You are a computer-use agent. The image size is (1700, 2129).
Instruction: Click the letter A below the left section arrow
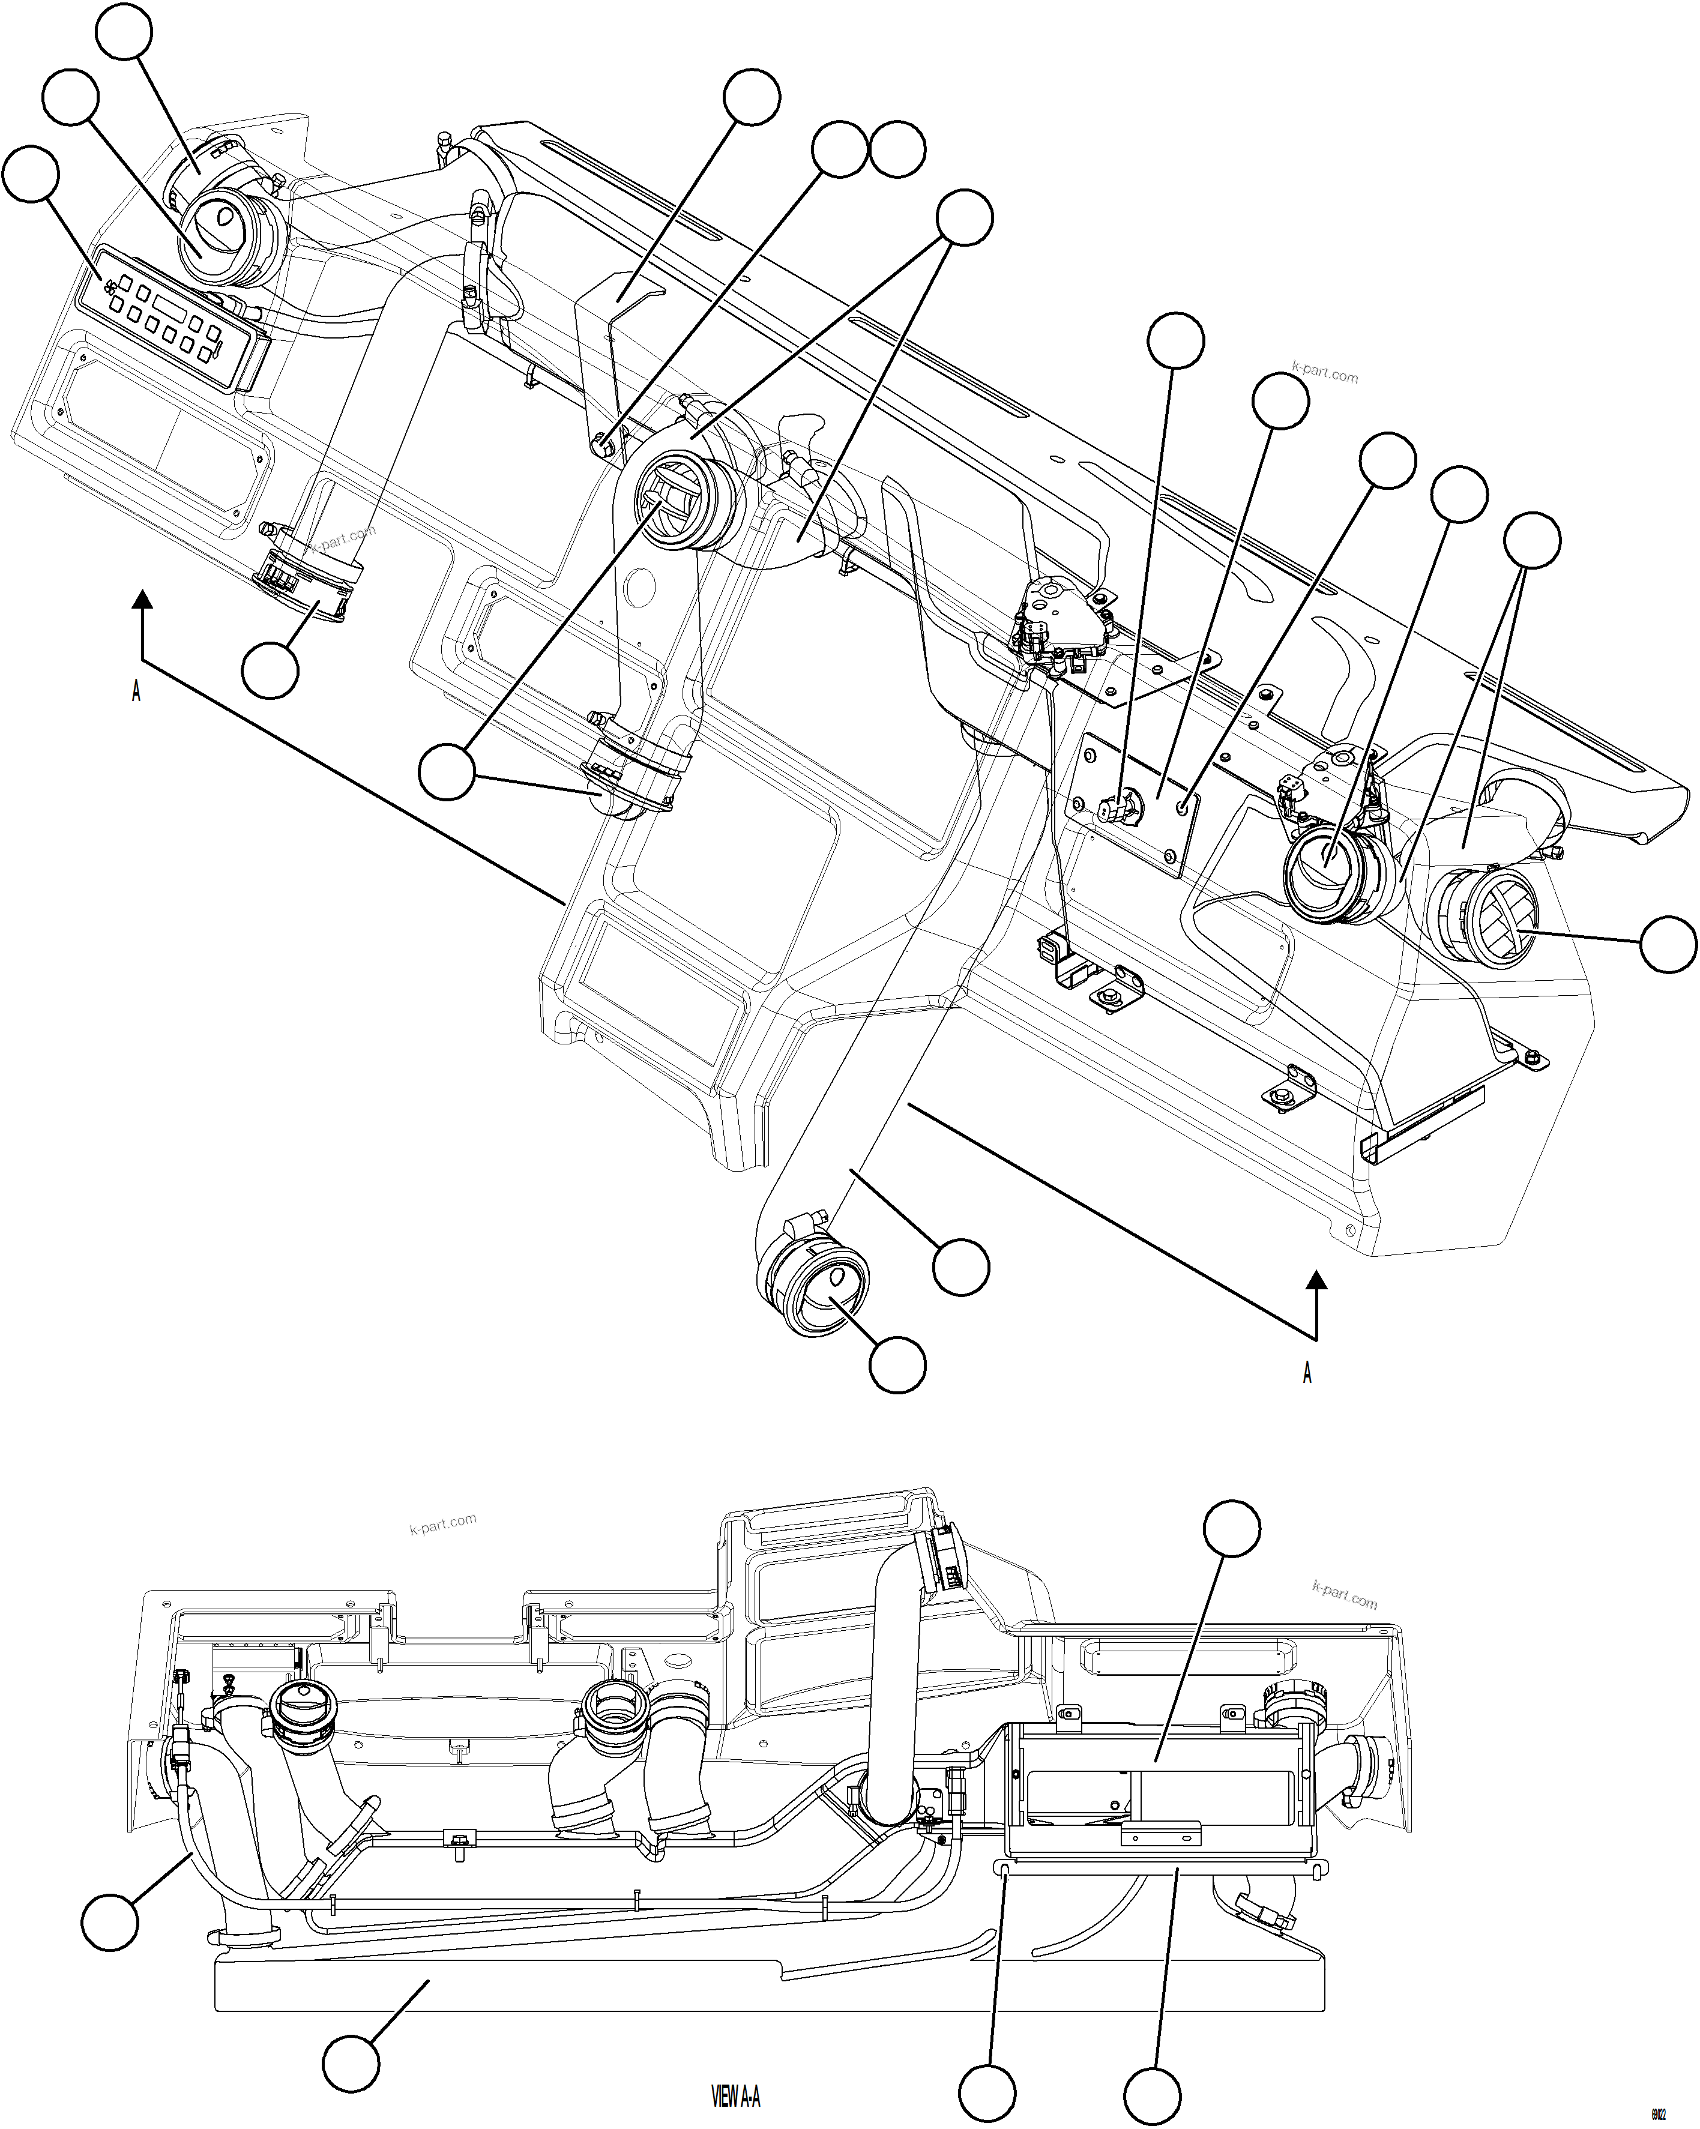pos(136,691)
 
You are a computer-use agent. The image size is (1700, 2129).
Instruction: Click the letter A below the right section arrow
pos(1307,1373)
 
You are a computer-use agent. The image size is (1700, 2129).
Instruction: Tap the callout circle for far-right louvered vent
pos(1668,944)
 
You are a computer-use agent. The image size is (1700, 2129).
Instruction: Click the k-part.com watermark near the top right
pos(1325,375)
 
